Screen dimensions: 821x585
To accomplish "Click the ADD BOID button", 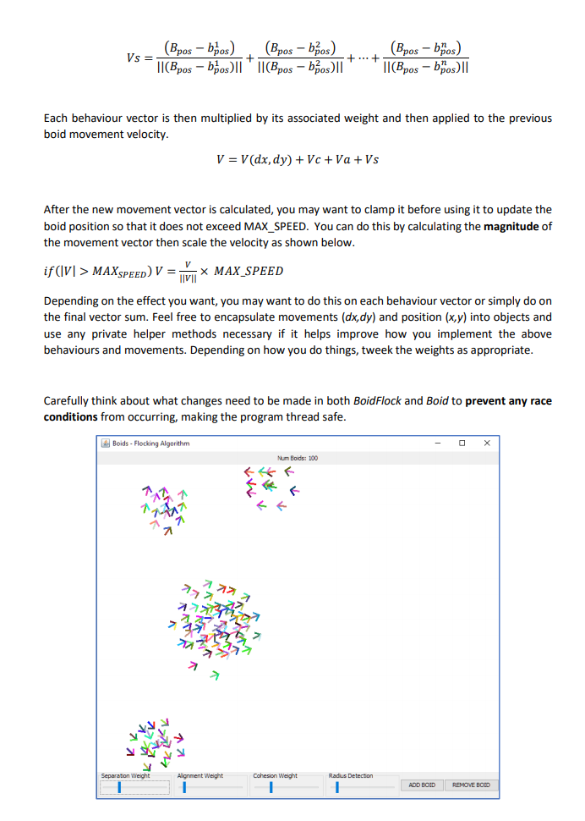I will pyautogui.click(x=420, y=785).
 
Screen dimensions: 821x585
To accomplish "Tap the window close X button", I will pyautogui.click(x=487, y=443).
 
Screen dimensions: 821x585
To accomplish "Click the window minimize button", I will pyautogui.click(x=437, y=443).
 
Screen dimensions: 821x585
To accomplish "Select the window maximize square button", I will pyautogui.click(x=462, y=443).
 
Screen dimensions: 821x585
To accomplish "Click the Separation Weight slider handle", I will pyautogui.click(x=119, y=787).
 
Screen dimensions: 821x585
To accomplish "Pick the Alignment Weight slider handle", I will pyautogui.click(x=184, y=787).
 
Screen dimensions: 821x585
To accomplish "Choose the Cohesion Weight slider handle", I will pyautogui.click(x=271, y=787).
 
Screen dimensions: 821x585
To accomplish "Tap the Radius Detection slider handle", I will pyautogui.click(x=337, y=787).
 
